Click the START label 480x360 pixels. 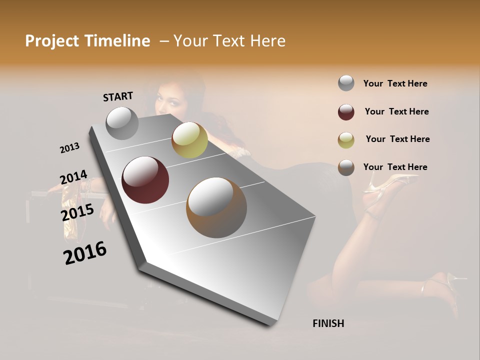click(118, 96)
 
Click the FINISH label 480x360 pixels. click(328, 323)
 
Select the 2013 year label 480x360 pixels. click(69, 148)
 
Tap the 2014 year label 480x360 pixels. click(73, 177)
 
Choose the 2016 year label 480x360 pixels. click(85, 252)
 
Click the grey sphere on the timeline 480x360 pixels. click(122, 123)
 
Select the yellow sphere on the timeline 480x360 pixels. click(189, 139)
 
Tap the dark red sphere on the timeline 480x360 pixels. click(145, 180)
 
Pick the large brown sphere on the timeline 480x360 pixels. click(216, 207)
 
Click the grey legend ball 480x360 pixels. click(346, 83)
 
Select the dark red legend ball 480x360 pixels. click(346, 112)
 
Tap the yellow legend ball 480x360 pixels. click(346, 140)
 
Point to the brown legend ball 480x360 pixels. click(346, 167)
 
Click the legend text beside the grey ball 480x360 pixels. click(395, 83)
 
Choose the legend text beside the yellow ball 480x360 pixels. click(397, 139)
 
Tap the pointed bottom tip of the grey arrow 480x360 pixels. click(270, 324)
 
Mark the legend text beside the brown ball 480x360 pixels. click(395, 167)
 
